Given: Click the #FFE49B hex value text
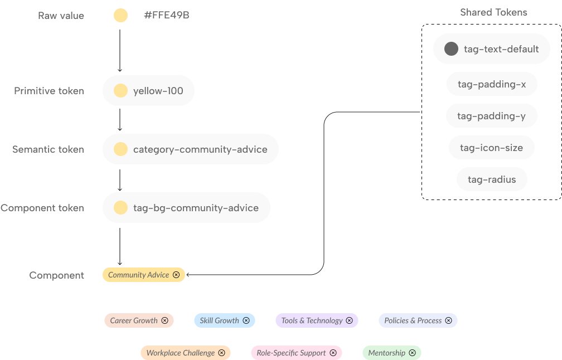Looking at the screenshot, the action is [x=167, y=15].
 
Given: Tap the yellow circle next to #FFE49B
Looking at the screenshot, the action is [x=121, y=16].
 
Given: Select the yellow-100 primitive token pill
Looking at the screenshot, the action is [x=148, y=91].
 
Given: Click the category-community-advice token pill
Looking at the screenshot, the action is [x=191, y=149].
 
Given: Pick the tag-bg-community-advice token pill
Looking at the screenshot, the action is [x=186, y=208].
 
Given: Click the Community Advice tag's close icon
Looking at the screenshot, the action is [x=176, y=275].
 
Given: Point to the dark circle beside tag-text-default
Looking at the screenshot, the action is [x=451, y=48].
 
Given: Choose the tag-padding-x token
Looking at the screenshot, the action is [x=492, y=84].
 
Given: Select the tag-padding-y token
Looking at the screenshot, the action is [x=491, y=116].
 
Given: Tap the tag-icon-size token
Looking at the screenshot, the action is [x=491, y=148].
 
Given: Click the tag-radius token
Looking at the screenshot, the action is [x=492, y=179].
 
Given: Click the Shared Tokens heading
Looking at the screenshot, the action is [x=493, y=12].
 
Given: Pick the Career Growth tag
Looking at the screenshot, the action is [x=139, y=320].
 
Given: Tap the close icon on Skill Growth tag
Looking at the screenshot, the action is [x=246, y=320].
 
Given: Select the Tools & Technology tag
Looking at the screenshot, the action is [x=317, y=320].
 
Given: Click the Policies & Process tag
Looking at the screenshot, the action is [x=418, y=320].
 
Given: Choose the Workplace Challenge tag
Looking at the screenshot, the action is [x=186, y=353].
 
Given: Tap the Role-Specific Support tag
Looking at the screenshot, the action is [x=297, y=353].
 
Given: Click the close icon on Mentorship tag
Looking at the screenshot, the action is [x=413, y=353].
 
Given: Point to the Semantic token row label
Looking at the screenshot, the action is [x=49, y=149].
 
